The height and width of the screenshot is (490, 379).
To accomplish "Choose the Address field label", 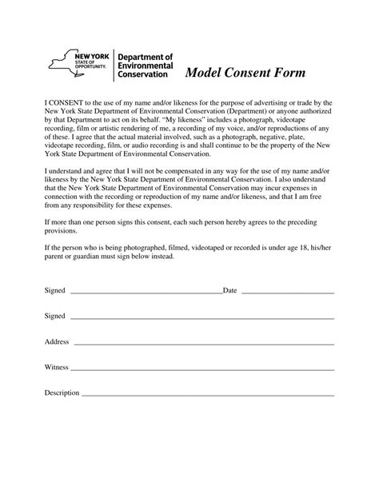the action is (57, 341).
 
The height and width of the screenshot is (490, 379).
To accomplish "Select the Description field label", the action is (62, 392).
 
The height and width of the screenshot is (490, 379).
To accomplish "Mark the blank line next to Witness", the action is (201, 370).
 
